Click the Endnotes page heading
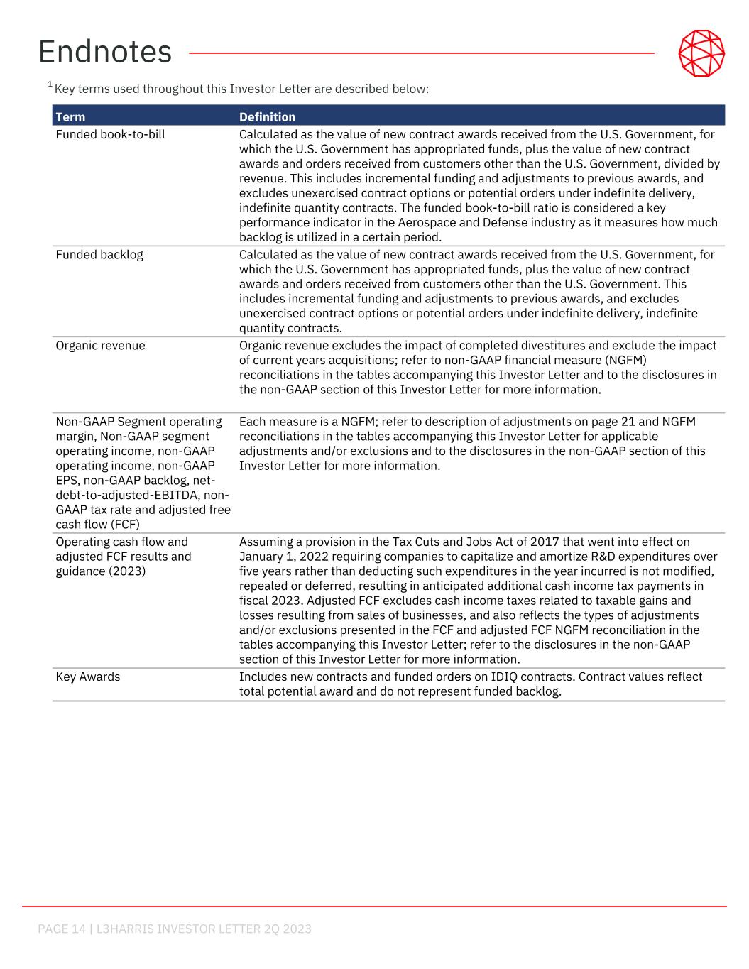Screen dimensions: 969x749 [105, 52]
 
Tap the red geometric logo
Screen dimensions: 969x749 [701, 53]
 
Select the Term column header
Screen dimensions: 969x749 [70, 117]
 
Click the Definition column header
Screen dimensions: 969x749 [267, 117]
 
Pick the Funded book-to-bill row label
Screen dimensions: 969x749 [110, 134]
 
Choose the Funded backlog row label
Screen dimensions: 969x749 [99, 254]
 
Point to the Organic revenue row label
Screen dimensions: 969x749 [100, 346]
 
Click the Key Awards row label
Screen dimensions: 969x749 [88, 677]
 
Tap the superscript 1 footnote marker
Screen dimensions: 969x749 [50, 85]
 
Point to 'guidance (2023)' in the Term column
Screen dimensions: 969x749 [100, 571]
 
